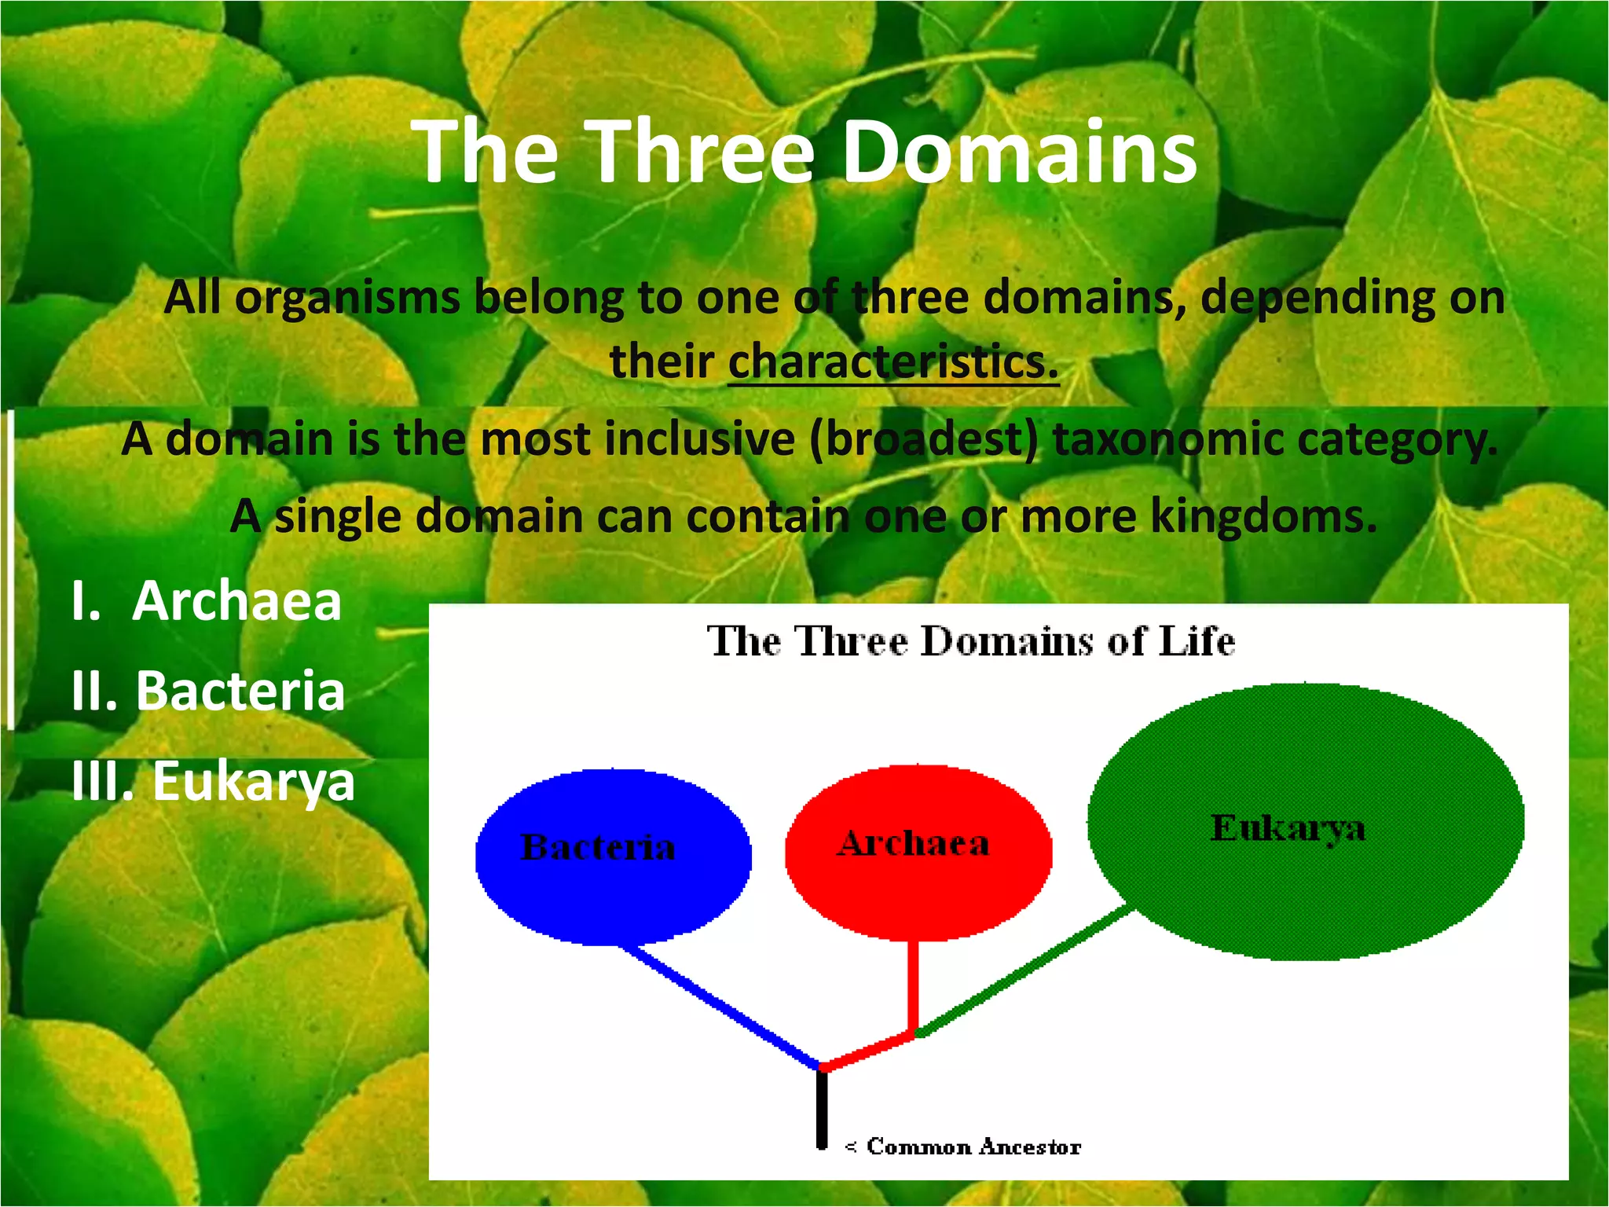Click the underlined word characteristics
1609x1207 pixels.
pyautogui.click(x=892, y=361)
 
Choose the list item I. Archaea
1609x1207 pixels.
pyautogui.click(x=207, y=601)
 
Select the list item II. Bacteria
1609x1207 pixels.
pyautogui.click(x=208, y=691)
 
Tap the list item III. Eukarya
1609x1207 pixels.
pyautogui.click(x=213, y=781)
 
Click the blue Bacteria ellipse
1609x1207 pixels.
pyautogui.click(x=613, y=888)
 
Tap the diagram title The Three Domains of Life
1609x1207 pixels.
pyautogui.click(x=971, y=641)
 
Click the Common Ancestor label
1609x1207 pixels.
pyautogui.click(x=973, y=1146)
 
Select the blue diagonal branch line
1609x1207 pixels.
pyautogui.click(x=723, y=1007)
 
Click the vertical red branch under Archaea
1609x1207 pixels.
pyautogui.click(x=913, y=986)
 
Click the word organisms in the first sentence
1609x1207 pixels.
pyautogui.click(x=347, y=299)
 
